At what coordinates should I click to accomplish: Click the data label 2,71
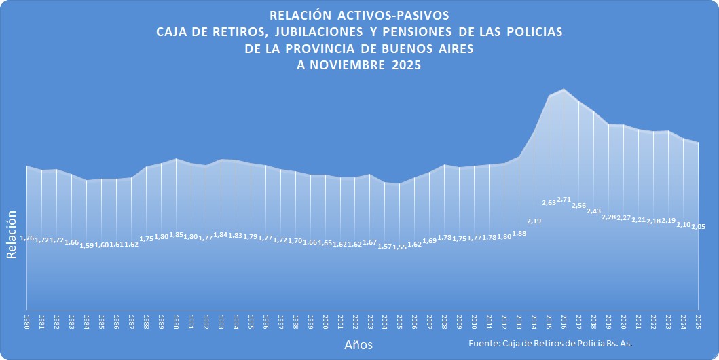tap(564, 200)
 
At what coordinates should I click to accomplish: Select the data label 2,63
tap(549, 202)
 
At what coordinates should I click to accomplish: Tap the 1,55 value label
tap(400, 247)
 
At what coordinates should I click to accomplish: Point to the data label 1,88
tap(519, 234)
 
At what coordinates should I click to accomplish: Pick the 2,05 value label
tap(698, 226)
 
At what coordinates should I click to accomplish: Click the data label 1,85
tap(177, 235)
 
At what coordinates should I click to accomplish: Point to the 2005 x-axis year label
tap(400, 322)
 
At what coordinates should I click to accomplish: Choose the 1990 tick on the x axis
tap(177, 322)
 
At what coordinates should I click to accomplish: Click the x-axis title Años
tap(358, 345)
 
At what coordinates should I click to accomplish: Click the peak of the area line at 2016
tap(564, 89)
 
